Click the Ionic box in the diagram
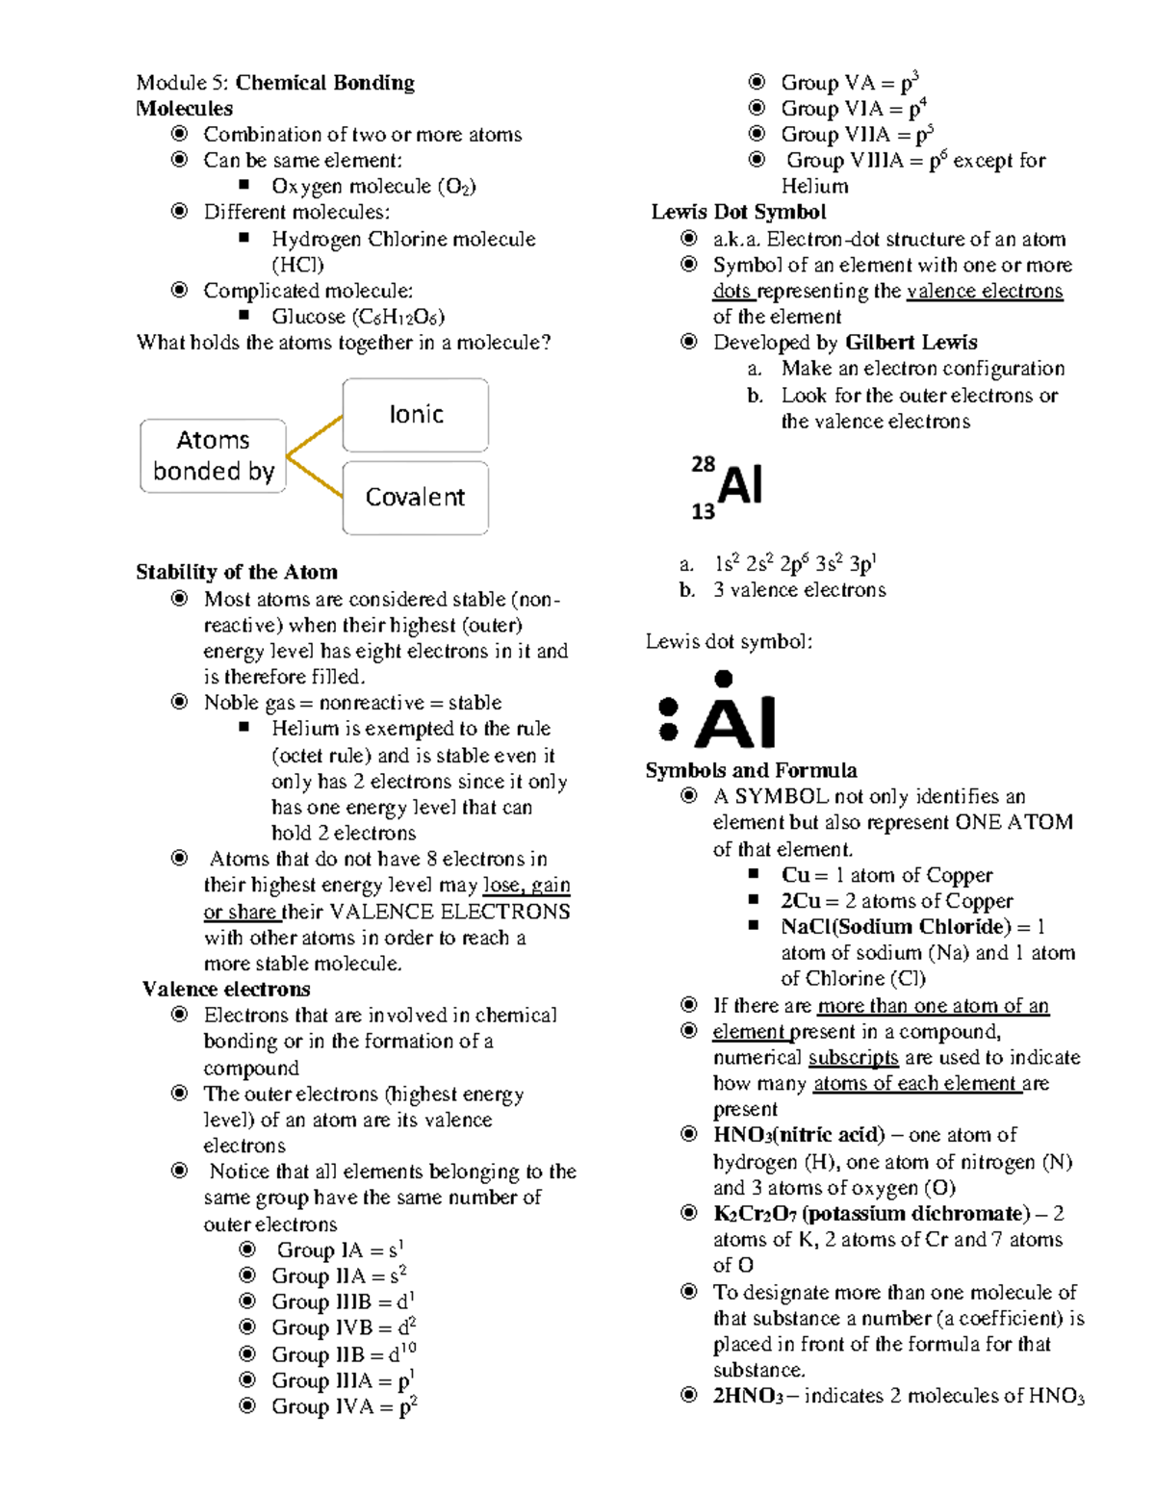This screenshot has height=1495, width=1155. pos(415,415)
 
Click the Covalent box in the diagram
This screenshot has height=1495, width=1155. pos(415,498)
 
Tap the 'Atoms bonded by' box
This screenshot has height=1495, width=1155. pos(213,456)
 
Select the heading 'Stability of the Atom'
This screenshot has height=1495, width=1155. pos(237,573)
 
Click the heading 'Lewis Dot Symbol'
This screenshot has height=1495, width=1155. pos(738,212)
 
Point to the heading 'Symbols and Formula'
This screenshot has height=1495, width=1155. pos(751,771)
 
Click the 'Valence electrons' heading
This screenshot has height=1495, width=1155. pos(226,990)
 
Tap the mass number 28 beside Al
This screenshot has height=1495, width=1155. pos(703,464)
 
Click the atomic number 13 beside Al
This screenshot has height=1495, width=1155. pos(703,512)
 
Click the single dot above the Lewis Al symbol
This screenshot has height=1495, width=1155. pos(724,679)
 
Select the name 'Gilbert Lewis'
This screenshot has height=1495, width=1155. pos(911,343)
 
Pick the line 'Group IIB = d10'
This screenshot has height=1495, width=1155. pos(344,1354)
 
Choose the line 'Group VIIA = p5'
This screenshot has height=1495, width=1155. pos(857,135)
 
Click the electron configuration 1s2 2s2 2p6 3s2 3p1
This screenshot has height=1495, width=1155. pos(795,564)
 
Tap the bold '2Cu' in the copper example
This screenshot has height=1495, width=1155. pos(801,901)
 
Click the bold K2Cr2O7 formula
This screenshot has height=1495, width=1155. pos(755,1214)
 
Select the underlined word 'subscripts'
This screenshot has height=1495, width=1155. pos(853,1058)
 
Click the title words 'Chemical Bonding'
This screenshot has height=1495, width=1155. pos(325,83)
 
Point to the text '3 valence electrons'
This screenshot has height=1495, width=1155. pos(799,590)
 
